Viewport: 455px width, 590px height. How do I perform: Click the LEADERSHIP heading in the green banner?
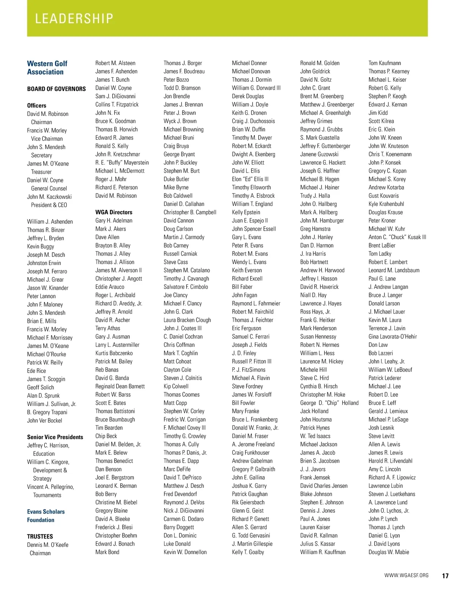pyautogui.click(x=74, y=19)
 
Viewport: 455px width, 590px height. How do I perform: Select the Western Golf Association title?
pyautogui.click(x=47, y=68)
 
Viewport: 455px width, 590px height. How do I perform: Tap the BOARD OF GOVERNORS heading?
pyautogui.click(x=56, y=89)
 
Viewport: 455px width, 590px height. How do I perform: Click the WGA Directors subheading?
pyautogui.click(x=114, y=212)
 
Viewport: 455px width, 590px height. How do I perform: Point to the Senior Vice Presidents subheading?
pyautogui.click(x=55, y=437)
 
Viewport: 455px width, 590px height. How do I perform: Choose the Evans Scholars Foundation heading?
pyautogui.click(x=46, y=516)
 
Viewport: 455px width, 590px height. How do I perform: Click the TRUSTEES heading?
pyautogui.click(x=40, y=537)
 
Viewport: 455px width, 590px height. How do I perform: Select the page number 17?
pyautogui.click(x=445, y=576)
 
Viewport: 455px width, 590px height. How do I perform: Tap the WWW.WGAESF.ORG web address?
pyautogui.click(x=406, y=576)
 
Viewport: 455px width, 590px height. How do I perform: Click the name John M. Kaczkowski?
pyautogui.click(x=49, y=197)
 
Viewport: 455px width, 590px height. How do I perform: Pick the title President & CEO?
pyautogui.click(x=49, y=205)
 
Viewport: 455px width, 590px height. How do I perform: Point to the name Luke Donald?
pyautogui.click(x=177, y=544)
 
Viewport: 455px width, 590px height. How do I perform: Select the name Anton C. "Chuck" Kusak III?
pyautogui.click(x=397, y=237)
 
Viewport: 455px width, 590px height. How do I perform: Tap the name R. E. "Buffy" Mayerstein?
pyautogui.click(x=122, y=163)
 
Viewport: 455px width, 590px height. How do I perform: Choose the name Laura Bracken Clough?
pyautogui.click(x=187, y=320)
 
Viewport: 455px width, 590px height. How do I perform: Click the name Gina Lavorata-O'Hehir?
pyautogui.click(x=392, y=337)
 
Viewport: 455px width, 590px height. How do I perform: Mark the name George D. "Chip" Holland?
pyautogui.click(x=329, y=403)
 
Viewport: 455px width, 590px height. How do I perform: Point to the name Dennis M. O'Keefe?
pyautogui.click(x=48, y=545)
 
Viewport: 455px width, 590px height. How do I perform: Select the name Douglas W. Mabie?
pyautogui.click(x=389, y=552)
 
